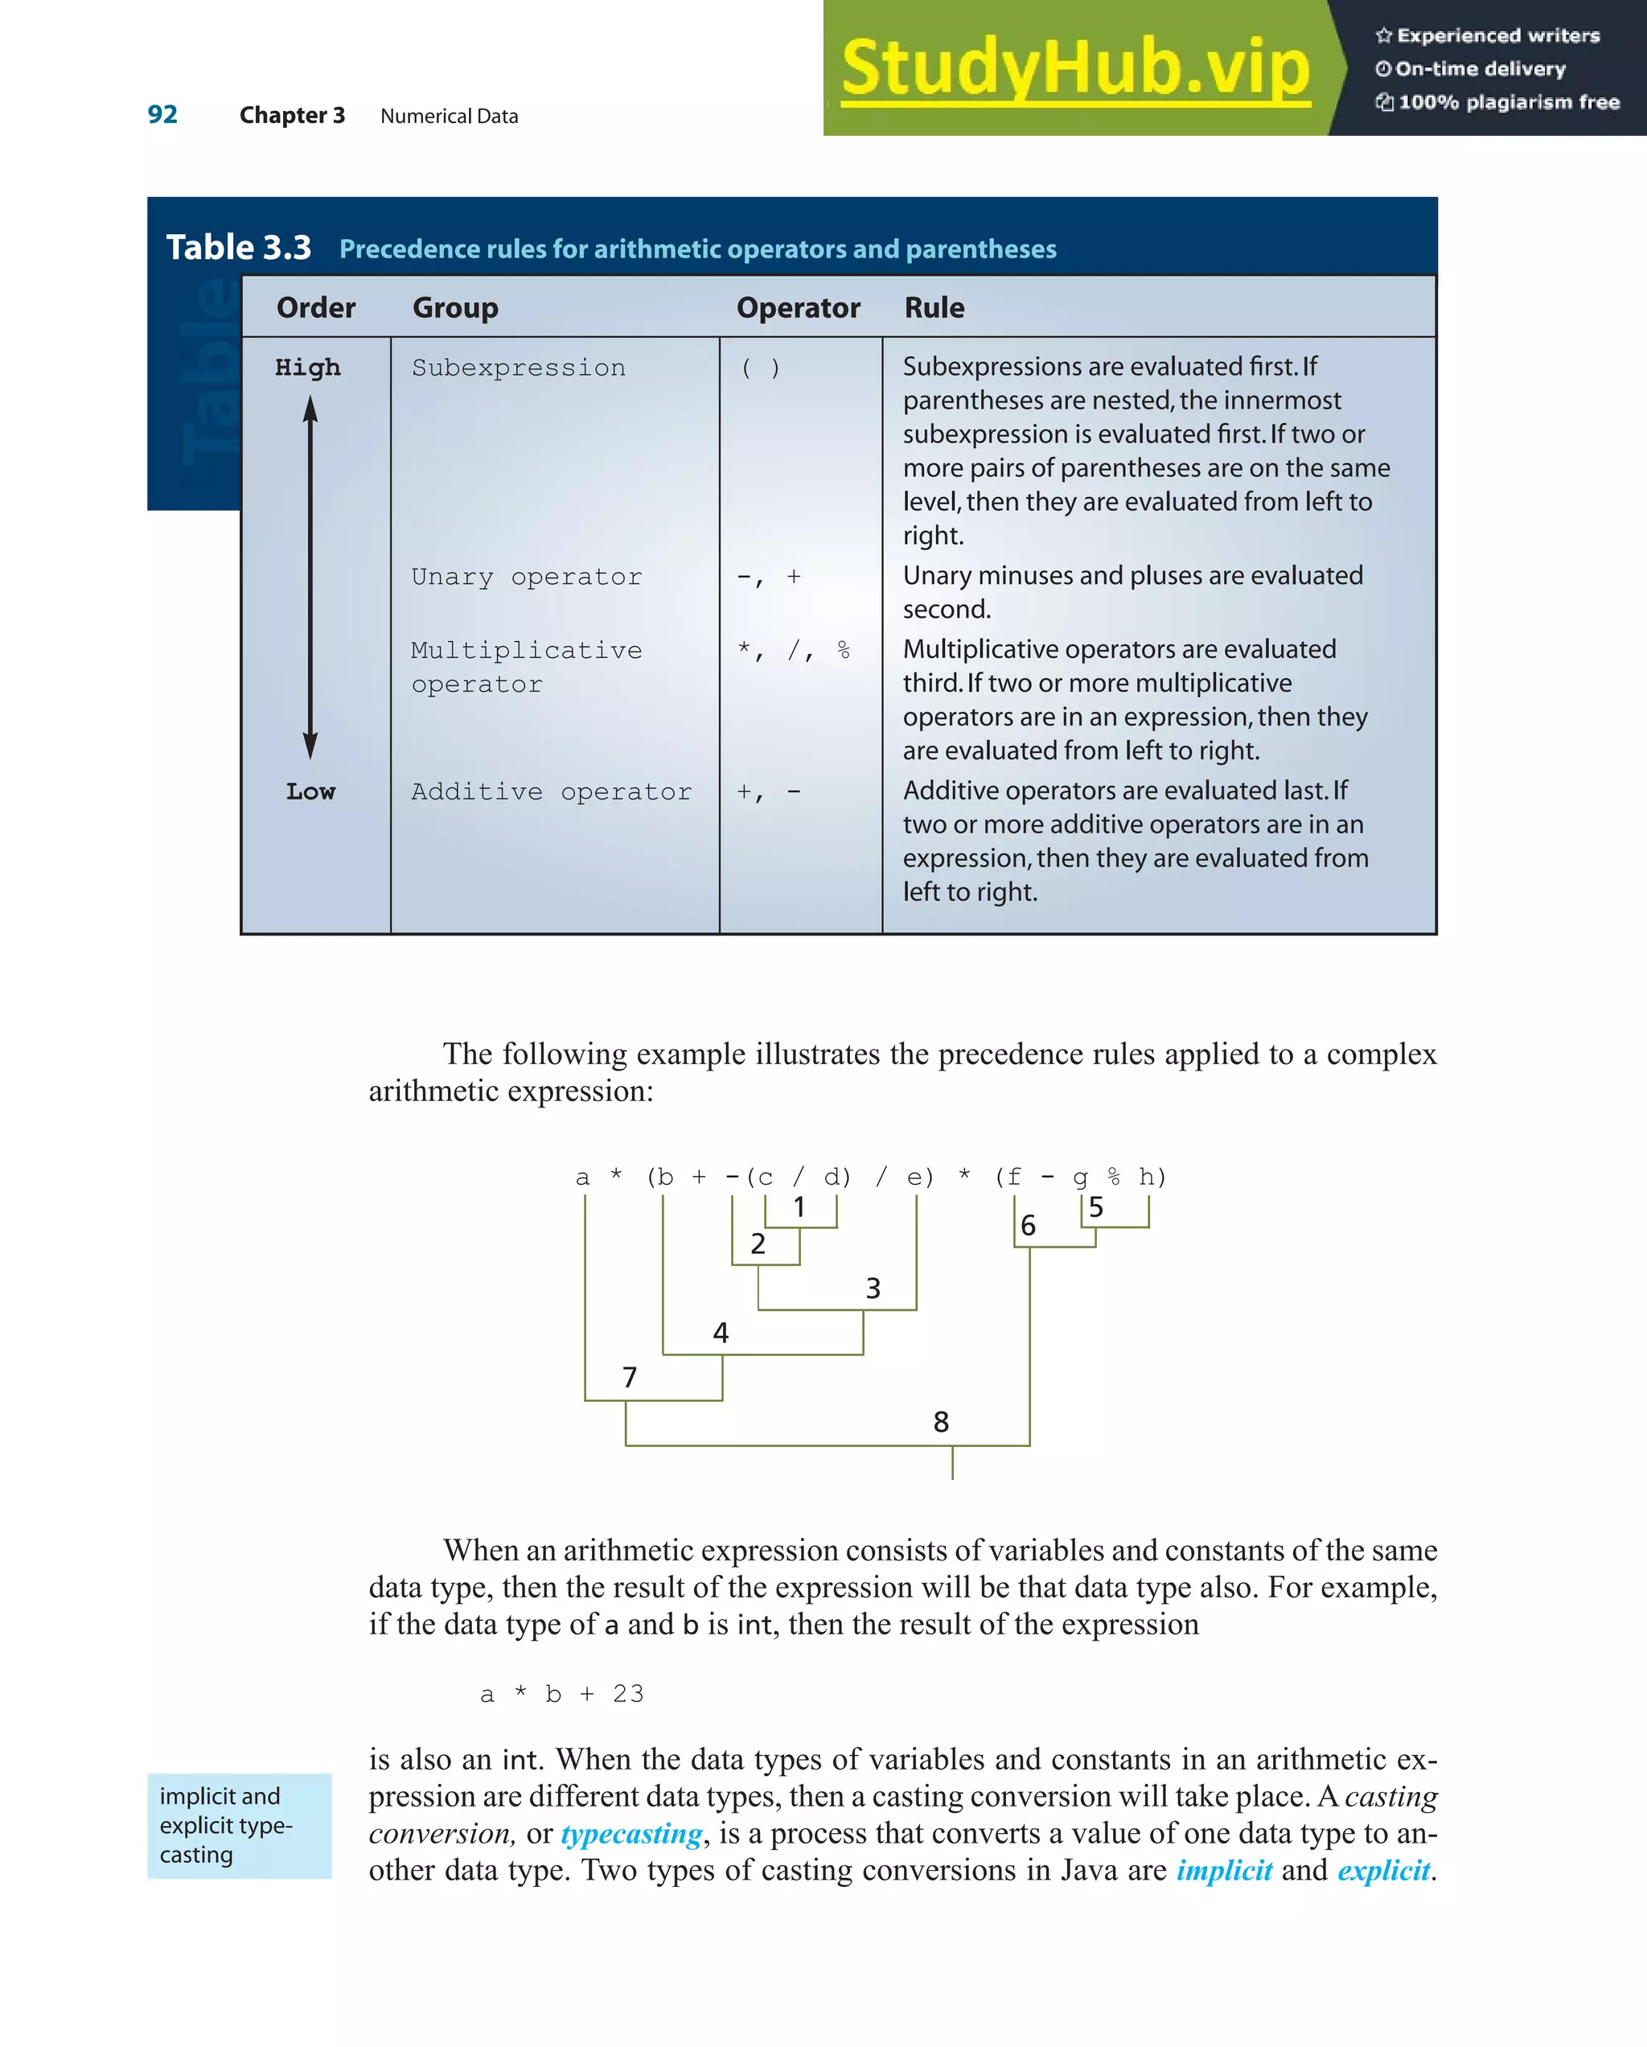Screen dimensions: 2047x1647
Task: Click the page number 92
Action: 162,115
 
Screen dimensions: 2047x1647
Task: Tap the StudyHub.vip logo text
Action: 1074,68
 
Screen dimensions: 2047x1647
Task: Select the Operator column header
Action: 798,307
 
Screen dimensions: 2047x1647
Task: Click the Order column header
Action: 315,307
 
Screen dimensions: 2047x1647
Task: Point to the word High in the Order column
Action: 307,368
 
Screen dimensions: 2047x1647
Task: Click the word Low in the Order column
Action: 310,791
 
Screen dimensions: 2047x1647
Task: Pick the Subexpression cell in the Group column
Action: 519,368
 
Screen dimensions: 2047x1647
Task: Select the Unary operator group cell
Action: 526,578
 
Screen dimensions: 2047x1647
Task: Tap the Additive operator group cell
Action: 551,791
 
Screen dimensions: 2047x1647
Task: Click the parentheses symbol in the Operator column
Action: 761,368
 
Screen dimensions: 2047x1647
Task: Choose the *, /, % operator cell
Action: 794,651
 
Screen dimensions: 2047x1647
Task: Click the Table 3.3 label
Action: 238,247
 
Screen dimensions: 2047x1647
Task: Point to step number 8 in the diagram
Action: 940,1421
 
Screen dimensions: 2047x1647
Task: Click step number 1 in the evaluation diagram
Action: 799,1206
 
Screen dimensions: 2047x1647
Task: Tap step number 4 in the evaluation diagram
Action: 721,1333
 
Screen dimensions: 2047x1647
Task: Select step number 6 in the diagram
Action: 1027,1226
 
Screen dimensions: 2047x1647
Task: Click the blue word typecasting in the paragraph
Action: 631,1833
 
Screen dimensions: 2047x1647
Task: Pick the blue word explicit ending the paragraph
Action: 1383,1870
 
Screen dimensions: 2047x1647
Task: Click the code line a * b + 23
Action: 561,1694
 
